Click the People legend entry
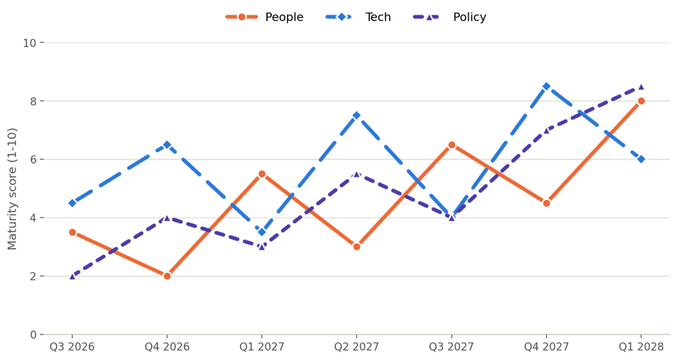click(264, 17)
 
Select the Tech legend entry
click(358, 17)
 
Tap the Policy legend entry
click(449, 17)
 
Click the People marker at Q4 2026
click(167, 276)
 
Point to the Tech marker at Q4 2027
click(546, 87)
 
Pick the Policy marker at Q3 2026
click(72, 276)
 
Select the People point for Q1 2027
click(262, 174)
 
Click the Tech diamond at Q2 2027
click(356, 115)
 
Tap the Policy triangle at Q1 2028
click(641, 87)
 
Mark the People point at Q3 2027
click(452, 145)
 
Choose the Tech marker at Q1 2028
click(641, 159)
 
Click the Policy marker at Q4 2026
click(167, 217)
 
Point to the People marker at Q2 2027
click(356, 247)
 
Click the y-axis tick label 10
click(30, 43)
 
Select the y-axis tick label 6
click(33, 159)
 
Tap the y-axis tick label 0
click(33, 335)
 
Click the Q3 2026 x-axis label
click(72, 347)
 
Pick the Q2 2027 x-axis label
click(356, 347)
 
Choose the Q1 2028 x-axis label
click(641, 347)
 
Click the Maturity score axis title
click(12, 188)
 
